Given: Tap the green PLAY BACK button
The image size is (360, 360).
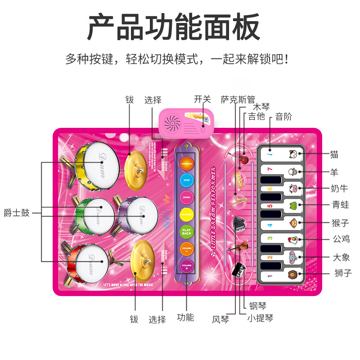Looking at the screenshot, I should (x=186, y=231).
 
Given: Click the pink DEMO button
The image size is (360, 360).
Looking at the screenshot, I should (x=186, y=197).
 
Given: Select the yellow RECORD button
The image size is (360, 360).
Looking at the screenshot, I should (x=186, y=214).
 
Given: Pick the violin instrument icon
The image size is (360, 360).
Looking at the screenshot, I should (x=238, y=247).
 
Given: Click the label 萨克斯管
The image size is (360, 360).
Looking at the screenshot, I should (x=238, y=100).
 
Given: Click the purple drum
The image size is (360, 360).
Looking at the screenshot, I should (x=138, y=216).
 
